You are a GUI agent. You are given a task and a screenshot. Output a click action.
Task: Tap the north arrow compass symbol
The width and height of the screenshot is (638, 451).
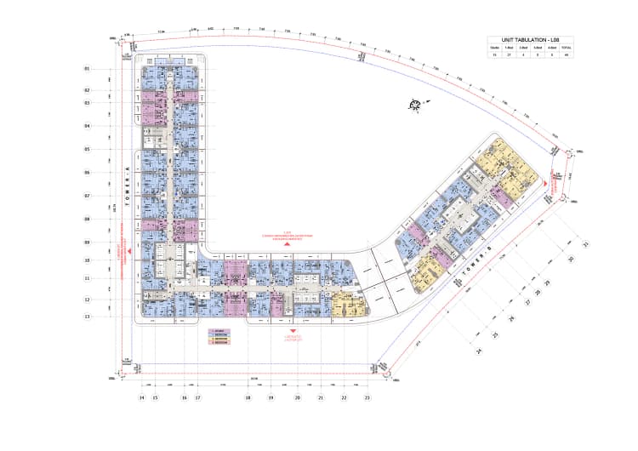[416, 105]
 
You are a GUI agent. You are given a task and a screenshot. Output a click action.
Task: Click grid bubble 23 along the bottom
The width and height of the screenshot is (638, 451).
[367, 397]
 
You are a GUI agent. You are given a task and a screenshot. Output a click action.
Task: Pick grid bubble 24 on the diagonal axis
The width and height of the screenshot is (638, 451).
[480, 350]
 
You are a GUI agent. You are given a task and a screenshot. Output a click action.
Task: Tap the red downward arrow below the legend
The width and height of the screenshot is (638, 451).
[292, 330]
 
